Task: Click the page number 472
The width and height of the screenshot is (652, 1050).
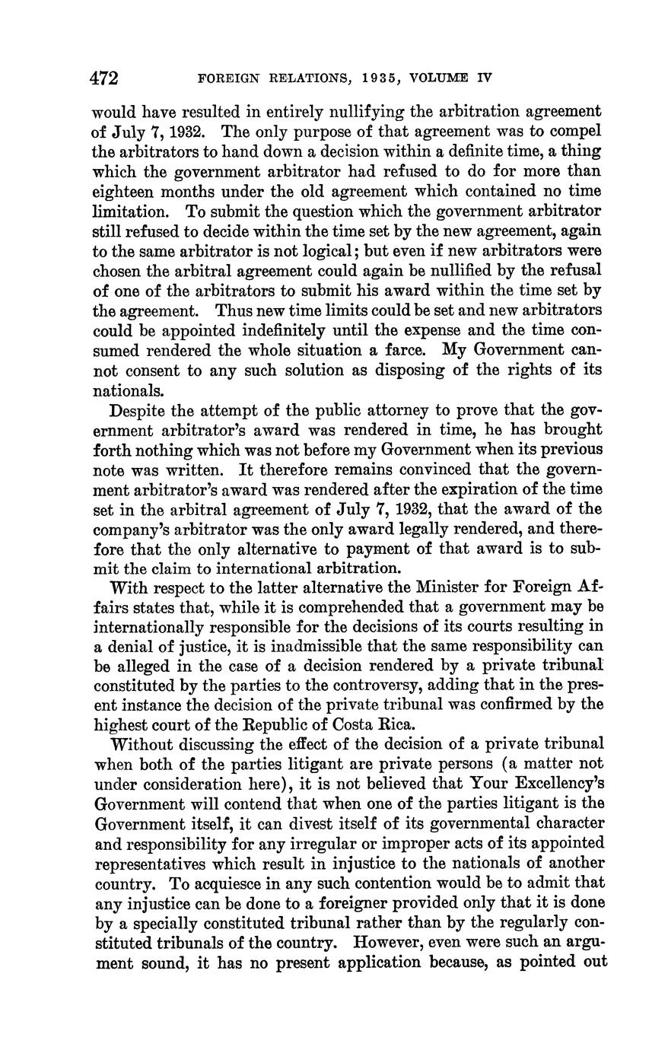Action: [x=106, y=78]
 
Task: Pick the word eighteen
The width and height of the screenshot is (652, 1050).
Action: [x=122, y=191]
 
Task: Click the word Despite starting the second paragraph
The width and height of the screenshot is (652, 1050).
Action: [x=138, y=412]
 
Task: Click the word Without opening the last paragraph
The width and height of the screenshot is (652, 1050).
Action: [x=142, y=744]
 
